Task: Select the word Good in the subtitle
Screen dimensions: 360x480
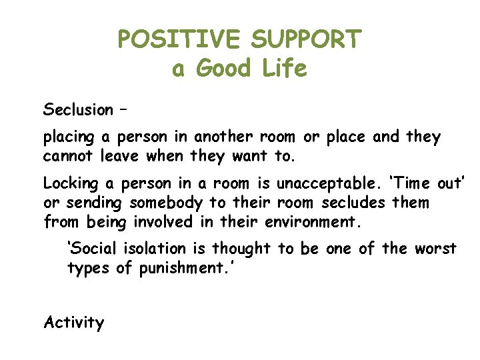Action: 223,69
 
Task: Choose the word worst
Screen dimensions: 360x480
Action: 436,249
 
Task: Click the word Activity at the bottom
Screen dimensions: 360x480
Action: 74,323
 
